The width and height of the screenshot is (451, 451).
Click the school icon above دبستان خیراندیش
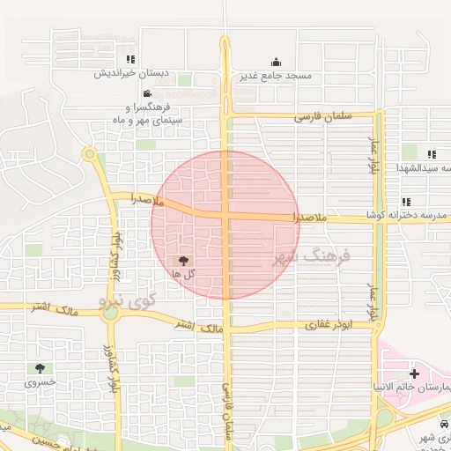130,60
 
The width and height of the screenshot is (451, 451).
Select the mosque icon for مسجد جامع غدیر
276,62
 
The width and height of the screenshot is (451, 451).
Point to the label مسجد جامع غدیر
276,76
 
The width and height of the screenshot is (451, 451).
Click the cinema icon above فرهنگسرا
146,94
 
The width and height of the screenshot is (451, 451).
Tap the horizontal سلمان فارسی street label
322,116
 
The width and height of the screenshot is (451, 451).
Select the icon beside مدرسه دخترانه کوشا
406,202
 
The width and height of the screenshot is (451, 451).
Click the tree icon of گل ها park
183,260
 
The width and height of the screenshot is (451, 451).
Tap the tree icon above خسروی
40,368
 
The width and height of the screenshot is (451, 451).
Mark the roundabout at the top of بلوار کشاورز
89,154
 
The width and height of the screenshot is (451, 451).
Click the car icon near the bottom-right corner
446,425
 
